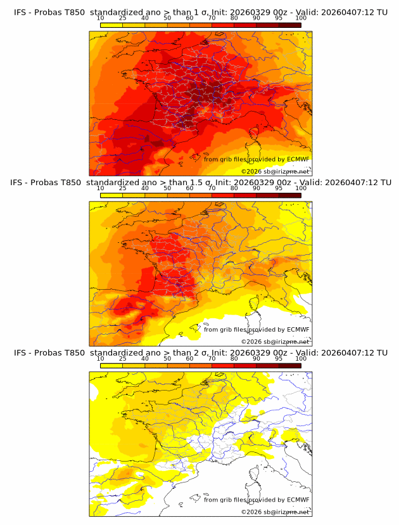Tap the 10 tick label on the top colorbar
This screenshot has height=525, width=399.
(100, 18)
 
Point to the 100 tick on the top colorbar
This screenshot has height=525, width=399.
(301, 18)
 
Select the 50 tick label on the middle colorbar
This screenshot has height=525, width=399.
(167, 189)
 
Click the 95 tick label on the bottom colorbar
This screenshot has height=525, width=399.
(278, 359)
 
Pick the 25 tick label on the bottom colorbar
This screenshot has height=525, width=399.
(122, 359)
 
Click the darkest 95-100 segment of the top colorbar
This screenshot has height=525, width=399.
(289, 25)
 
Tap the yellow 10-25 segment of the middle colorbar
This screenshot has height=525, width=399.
(111, 196)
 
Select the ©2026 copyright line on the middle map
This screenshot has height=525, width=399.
(275, 341)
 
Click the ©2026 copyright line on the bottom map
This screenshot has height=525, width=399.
(275, 512)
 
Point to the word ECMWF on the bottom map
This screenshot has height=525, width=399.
(298, 500)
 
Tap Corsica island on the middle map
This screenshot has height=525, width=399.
(256, 304)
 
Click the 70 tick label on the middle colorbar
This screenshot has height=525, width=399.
(212, 189)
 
